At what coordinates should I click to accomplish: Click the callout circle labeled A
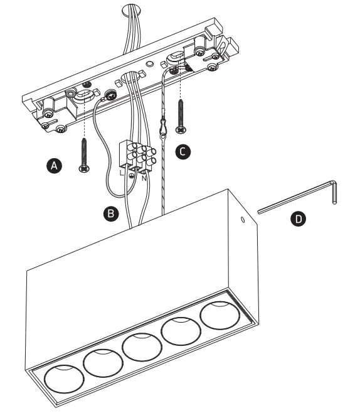55,166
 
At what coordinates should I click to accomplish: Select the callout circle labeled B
110,213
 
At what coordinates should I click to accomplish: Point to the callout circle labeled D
299,218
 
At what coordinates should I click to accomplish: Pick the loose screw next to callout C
181,115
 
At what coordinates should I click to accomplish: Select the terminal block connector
137,156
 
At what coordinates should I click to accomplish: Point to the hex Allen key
301,200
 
